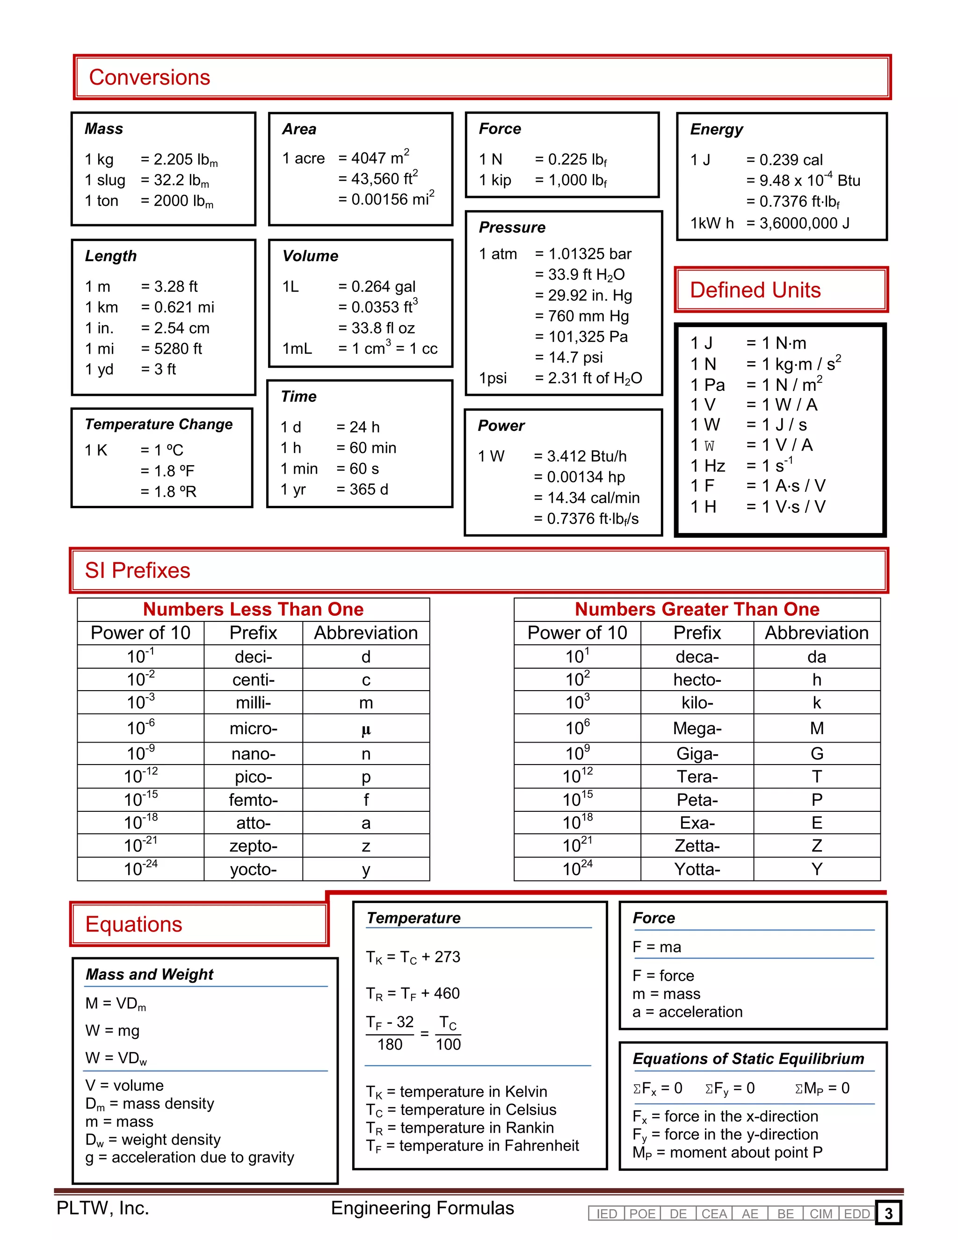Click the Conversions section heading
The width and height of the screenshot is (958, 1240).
pyautogui.click(x=149, y=77)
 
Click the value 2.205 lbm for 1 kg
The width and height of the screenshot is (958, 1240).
pyautogui.click(x=179, y=160)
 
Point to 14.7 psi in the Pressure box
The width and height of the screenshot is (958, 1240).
pyautogui.click(x=569, y=357)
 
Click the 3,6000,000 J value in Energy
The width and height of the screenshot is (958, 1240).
pyautogui.click(x=798, y=223)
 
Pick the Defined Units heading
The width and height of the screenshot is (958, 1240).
pyautogui.click(x=755, y=290)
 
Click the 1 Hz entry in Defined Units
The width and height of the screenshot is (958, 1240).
pyautogui.click(x=708, y=466)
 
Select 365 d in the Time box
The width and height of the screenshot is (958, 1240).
pyautogui.click(x=362, y=489)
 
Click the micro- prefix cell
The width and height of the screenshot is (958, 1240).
pyautogui.click(x=253, y=729)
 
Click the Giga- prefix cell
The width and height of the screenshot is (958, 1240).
pyautogui.click(x=697, y=753)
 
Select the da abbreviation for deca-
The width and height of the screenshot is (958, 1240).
pyautogui.click(x=816, y=657)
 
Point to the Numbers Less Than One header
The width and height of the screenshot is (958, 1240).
pyautogui.click(x=253, y=609)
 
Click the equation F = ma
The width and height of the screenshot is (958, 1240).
pyautogui.click(x=657, y=947)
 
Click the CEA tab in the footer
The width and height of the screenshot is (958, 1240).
pyautogui.click(x=713, y=1214)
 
